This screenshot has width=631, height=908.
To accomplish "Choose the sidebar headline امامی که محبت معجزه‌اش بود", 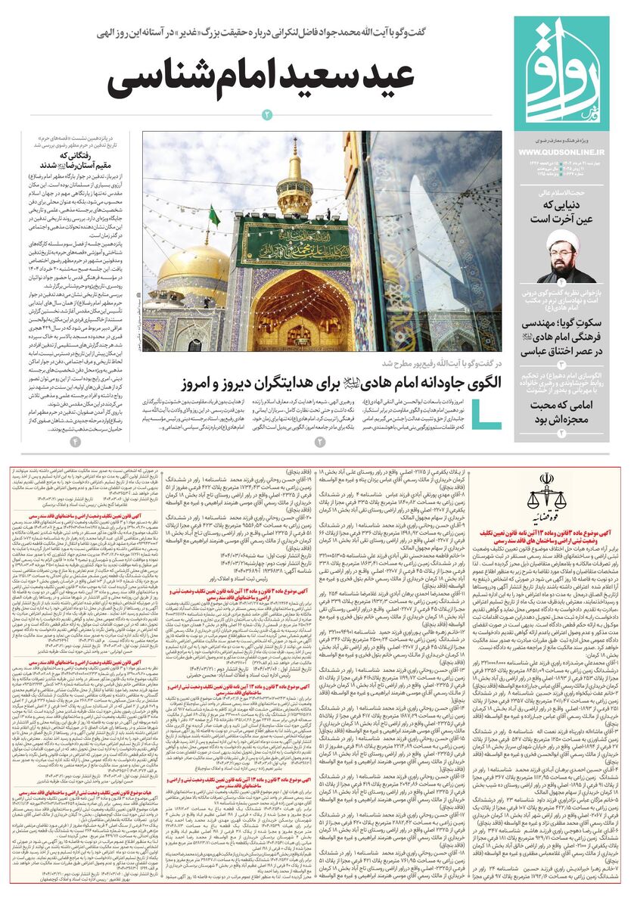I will point(561,412).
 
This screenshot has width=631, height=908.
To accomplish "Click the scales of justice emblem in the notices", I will point(546,491).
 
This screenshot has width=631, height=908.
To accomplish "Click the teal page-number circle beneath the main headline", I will point(266,115).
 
